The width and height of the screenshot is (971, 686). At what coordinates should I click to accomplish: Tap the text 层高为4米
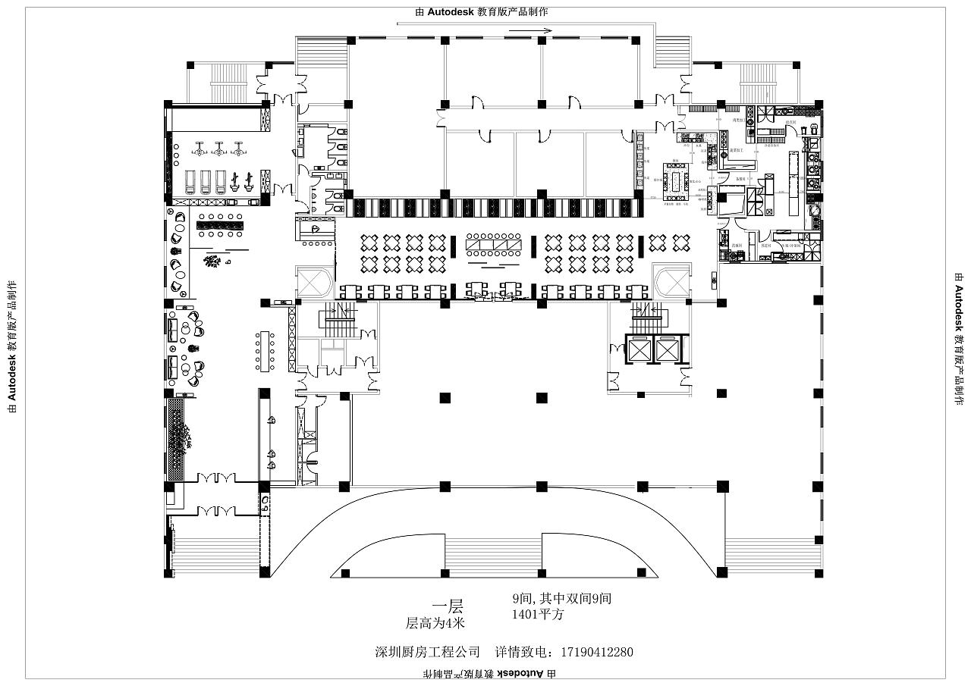[x=435, y=623]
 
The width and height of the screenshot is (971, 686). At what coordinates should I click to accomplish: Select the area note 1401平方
[x=538, y=615]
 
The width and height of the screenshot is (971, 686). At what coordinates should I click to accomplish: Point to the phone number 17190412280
[x=596, y=652]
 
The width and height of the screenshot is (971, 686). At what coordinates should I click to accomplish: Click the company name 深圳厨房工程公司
[x=428, y=652]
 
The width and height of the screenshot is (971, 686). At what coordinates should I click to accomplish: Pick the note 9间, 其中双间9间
[x=561, y=598]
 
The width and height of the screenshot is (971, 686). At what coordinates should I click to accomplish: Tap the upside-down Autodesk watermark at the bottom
[x=490, y=673]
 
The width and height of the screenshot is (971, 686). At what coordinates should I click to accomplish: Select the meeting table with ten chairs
[x=265, y=350]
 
